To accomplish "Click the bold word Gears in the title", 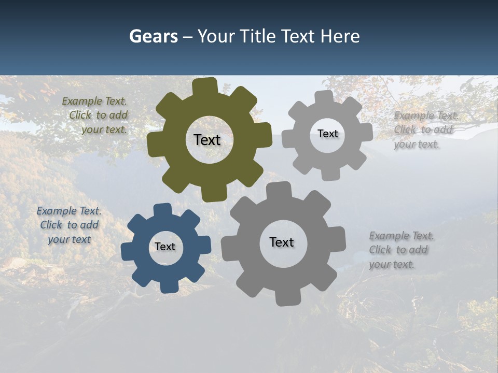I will click(153, 37).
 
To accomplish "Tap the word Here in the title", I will click(340, 37).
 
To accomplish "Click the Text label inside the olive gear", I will click(207, 140).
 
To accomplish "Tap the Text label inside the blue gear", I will click(165, 247).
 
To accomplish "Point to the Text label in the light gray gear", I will click(328, 134).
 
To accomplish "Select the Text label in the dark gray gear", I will click(282, 242).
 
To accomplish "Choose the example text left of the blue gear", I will click(69, 225).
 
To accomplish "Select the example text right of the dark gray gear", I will click(399, 250).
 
